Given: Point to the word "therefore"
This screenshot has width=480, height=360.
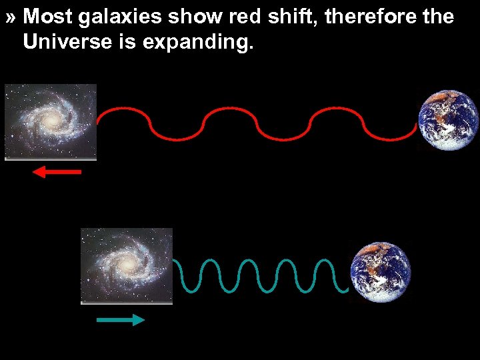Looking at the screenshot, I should click(x=365, y=17).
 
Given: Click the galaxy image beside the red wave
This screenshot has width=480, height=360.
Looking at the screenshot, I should click(x=50, y=121).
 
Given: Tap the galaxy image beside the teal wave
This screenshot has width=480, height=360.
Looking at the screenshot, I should click(x=127, y=266).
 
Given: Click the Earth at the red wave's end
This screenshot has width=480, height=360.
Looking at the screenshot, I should click(x=448, y=120).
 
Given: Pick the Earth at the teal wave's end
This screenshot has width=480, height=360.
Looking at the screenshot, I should click(x=380, y=273).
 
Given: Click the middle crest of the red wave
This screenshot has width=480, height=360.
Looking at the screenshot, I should click(x=229, y=108).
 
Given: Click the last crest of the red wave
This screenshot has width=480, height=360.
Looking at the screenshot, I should click(x=337, y=108).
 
